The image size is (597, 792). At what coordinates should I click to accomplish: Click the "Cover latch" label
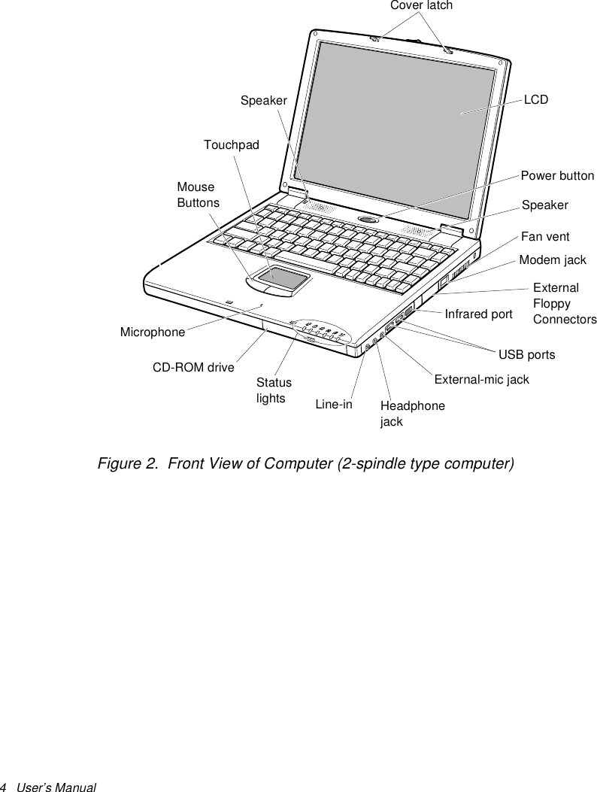(421, 6)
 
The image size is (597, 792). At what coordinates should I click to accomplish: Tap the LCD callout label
(536, 99)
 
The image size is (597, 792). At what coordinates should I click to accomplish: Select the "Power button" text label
(557, 176)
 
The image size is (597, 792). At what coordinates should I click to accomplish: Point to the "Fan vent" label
(545, 237)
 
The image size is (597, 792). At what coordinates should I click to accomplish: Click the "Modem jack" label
(553, 260)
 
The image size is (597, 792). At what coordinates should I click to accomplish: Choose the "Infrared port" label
(478, 314)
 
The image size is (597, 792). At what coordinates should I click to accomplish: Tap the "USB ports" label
(527, 354)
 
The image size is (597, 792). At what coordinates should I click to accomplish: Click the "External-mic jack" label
(481, 380)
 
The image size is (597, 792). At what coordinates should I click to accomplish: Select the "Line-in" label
(334, 405)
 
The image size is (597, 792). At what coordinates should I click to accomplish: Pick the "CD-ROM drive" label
(193, 368)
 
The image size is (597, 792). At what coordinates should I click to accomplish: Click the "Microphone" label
(153, 332)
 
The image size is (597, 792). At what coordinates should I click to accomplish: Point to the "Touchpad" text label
(231, 144)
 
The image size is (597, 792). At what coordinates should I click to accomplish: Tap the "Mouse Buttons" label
(198, 195)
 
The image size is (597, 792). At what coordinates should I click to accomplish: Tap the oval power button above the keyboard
(368, 219)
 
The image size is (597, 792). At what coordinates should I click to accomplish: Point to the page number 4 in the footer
(4, 787)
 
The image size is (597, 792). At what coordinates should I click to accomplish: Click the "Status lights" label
(274, 390)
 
